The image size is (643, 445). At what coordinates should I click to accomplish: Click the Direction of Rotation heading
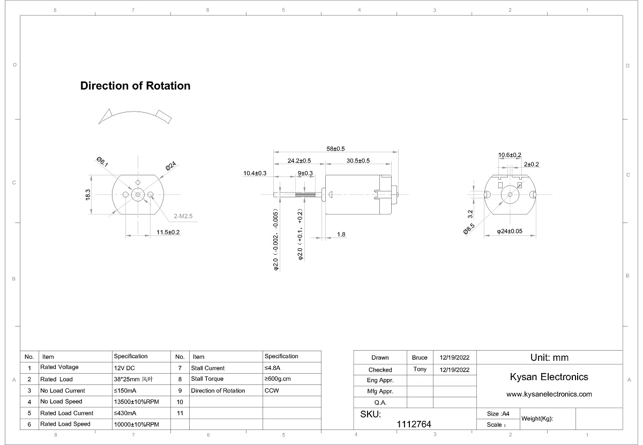coord(135,86)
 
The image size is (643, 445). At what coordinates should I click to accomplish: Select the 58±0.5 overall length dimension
coord(335,149)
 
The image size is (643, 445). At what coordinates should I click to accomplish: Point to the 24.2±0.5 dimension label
coord(299,161)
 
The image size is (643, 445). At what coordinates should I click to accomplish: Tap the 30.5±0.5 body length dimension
coord(358,161)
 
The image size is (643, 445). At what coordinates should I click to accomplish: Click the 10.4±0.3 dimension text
coord(255,173)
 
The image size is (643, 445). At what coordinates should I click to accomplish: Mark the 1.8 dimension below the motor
coord(341,235)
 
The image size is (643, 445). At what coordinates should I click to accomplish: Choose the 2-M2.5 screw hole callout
coord(183,216)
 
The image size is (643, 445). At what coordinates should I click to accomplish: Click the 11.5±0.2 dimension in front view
coord(168,232)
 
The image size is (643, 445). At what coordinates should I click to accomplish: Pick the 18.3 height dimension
coord(88,195)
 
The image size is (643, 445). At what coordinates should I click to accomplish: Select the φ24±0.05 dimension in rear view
coord(510,232)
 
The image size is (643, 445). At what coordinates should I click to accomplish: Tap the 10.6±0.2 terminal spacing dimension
coord(510,155)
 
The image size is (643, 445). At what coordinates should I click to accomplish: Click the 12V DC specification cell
coord(124,368)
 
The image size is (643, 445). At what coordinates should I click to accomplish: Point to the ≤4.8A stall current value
coord(272,368)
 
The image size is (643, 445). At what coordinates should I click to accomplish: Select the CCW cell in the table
coord(272,391)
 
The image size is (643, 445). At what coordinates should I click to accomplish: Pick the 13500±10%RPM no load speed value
coord(136,402)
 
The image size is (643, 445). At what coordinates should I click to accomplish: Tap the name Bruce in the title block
coord(420,358)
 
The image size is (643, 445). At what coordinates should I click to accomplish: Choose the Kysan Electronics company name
coord(549,377)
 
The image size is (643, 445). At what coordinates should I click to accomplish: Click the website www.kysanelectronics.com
coord(549,394)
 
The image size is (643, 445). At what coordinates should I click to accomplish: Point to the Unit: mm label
coord(549,358)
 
